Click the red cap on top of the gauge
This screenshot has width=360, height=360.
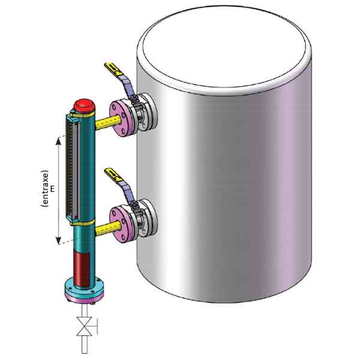[x=84, y=106]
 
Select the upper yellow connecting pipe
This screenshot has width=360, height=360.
[x=108, y=122]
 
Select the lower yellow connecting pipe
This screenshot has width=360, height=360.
[x=108, y=228]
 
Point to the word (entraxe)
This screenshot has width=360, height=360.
[x=46, y=188]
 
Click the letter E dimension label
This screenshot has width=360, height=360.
[x=53, y=189]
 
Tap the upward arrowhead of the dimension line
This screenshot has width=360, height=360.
[x=59, y=140]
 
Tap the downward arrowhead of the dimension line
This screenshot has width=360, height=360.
[x=59, y=241]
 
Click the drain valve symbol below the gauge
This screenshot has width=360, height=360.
[x=85, y=326]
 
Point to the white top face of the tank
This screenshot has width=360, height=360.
[x=224, y=47]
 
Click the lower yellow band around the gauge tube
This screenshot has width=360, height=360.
[x=83, y=223]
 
